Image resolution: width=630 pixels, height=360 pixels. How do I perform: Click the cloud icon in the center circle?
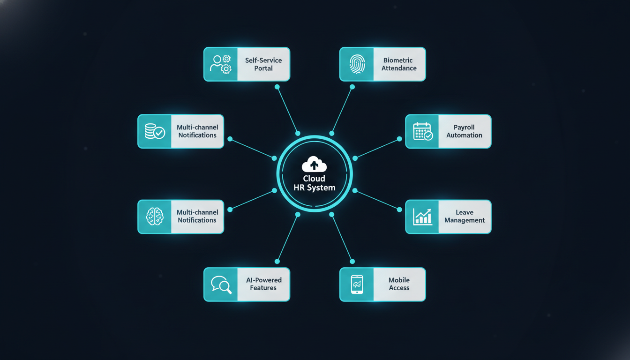coord(314,165)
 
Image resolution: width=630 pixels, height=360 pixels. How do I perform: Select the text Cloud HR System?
coord(314,183)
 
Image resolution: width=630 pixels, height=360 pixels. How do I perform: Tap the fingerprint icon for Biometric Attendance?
coord(357,64)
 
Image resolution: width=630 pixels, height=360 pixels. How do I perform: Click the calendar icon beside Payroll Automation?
coord(422,132)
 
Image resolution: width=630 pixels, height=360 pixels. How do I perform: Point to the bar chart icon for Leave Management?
coord(422,217)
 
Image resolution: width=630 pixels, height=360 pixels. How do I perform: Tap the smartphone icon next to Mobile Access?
coord(357,285)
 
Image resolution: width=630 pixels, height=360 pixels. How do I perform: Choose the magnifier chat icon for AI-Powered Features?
coord(221,285)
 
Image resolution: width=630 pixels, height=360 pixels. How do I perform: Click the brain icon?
coord(155,217)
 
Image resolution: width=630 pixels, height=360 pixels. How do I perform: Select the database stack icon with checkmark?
coord(155,132)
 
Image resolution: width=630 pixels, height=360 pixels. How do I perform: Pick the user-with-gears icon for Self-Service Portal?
coord(221,64)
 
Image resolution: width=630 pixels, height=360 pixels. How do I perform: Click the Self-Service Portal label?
coord(263,64)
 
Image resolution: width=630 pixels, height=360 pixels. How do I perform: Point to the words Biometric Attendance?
coord(399,64)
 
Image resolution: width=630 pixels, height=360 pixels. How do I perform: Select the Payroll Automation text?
coord(464,131)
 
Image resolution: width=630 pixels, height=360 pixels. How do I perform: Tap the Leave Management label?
coord(465,217)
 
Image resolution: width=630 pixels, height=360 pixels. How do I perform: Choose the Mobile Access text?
coord(399,284)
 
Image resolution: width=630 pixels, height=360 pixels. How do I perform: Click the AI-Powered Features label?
coord(263,284)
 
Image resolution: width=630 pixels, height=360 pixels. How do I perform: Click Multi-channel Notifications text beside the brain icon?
coord(197,216)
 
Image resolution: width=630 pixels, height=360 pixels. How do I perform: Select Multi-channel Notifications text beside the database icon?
coord(197,131)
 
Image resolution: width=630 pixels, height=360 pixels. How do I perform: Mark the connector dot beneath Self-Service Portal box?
coord(277,87)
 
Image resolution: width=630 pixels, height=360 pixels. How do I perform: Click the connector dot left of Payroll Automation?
coord(399,139)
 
